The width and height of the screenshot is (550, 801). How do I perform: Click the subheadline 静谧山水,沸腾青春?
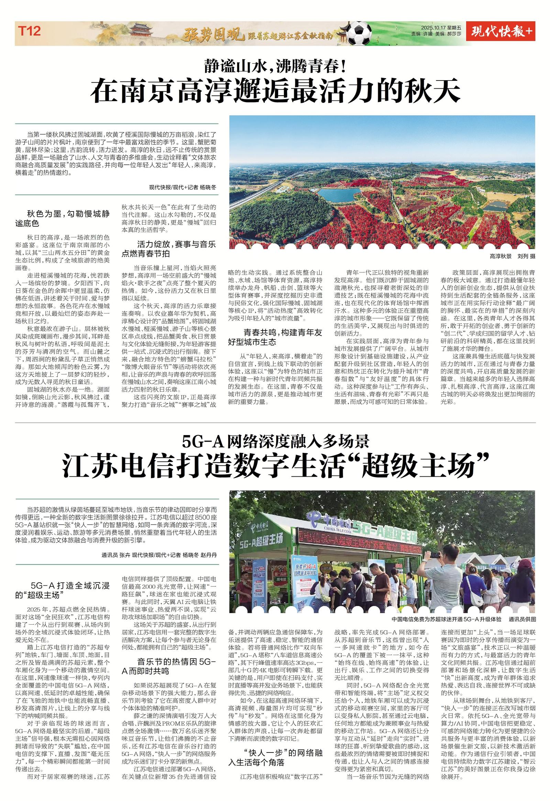pos(275,66)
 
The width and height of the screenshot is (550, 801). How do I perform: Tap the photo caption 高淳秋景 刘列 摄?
pos(513,256)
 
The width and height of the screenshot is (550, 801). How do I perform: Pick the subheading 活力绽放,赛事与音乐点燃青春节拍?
pos(169,249)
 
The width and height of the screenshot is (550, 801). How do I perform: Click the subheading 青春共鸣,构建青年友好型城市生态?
pos(275,337)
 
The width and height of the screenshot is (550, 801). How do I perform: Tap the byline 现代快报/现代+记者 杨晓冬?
pos(182,187)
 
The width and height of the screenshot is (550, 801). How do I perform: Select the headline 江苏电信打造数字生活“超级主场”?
pos(275,466)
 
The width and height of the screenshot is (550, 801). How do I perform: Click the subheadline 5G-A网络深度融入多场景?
pos(275,441)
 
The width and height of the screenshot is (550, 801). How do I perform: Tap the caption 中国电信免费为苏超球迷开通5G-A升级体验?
pos(446,619)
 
